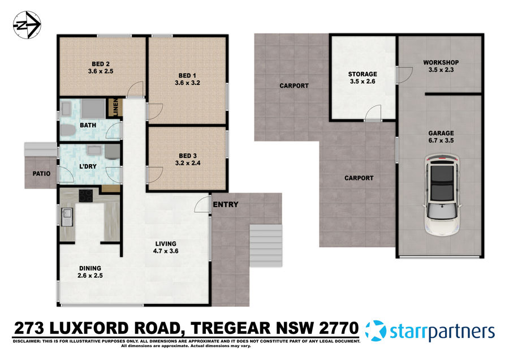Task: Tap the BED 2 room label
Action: [x=101, y=64]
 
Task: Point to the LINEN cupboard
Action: [x=115, y=108]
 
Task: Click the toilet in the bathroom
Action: [x=67, y=131]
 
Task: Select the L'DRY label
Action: [x=87, y=168]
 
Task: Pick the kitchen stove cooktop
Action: [x=86, y=195]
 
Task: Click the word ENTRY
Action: [x=226, y=205]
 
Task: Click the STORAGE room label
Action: [x=362, y=74]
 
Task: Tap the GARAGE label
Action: [x=441, y=134]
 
